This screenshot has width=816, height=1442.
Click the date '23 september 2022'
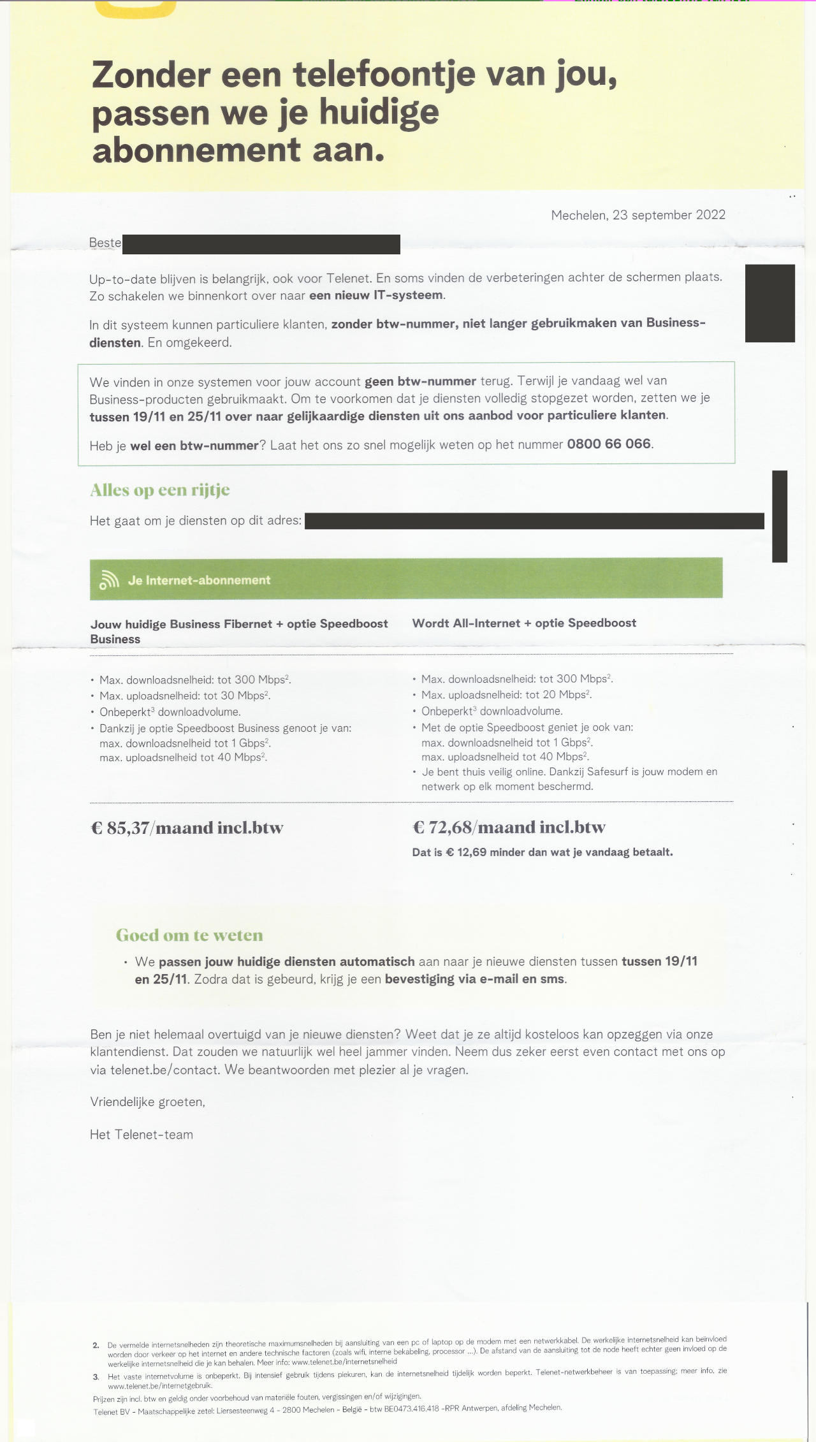[669, 215]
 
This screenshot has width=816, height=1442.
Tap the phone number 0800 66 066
[609, 444]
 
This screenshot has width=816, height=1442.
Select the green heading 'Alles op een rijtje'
[160, 490]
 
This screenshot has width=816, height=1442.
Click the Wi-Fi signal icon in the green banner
[109, 579]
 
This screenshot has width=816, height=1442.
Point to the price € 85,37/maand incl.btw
[187, 827]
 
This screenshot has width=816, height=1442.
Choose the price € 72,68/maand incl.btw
[509, 827]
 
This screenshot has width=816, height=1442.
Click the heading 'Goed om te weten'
[189, 935]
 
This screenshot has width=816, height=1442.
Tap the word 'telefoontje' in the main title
[384, 74]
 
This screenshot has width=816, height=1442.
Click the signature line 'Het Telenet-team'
[142, 1134]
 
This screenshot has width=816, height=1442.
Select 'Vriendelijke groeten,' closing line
[147, 1102]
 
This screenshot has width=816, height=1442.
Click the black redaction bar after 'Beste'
[261, 244]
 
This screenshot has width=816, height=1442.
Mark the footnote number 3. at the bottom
[96, 1376]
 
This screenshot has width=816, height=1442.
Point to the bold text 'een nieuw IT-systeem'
[376, 295]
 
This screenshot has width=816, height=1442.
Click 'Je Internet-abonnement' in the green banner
[199, 580]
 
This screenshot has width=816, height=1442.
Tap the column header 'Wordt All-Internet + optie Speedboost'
[524, 623]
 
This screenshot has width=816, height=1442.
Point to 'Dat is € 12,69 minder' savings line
[542, 852]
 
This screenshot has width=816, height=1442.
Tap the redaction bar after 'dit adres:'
[534, 521]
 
